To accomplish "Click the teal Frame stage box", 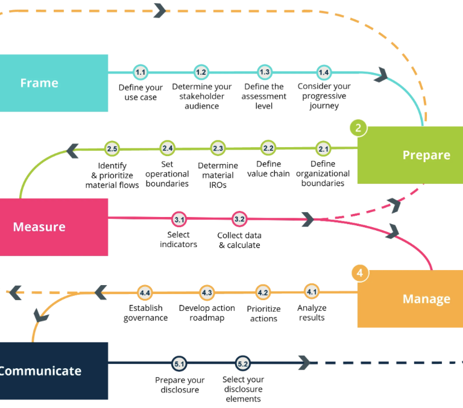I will click(54, 83).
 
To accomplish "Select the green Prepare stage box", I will click(411, 155).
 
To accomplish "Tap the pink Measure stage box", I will click(54, 227).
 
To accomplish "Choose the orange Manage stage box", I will click(411, 299).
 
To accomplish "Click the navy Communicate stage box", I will click(54, 371).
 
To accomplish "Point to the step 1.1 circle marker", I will click(140, 72).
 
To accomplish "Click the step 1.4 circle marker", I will click(324, 72).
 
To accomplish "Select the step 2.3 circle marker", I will click(218, 148).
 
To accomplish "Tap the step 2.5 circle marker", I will click(112, 148).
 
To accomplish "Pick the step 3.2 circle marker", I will click(239, 219).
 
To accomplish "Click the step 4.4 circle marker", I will click(145, 293).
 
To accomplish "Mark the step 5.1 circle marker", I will click(179, 364).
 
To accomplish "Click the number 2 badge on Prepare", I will click(358, 128).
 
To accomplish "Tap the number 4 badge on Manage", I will click(360, 273).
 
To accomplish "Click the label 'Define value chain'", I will click(268, 169).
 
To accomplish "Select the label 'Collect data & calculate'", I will click(239, 240).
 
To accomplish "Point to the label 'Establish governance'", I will click(145, 313).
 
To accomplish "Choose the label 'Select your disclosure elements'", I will click(243, 389).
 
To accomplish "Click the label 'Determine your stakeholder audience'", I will click(201, 96).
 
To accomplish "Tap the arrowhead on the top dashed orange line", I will click(160, 10).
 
